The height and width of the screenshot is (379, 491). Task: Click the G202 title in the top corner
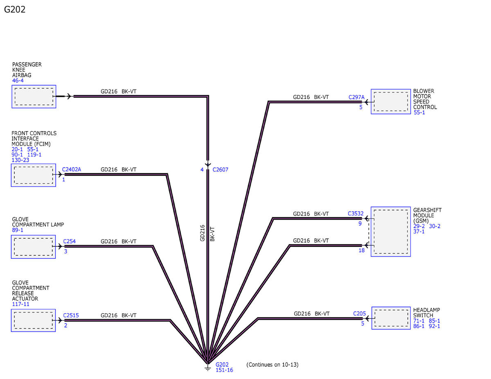pyautogui.click(x=15, y=9)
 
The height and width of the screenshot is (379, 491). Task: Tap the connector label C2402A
pyautogui.click(x=72, y=169)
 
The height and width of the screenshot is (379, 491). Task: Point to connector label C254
pyautogui.click(x=70, y=241)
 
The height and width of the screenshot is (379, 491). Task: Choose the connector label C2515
pyautogui.click(x=71, y=315)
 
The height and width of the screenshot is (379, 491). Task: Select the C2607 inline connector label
pyautogui.click(x=220, y=170)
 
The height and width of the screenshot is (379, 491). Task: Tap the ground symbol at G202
pyautogui.click(x=208, y=368)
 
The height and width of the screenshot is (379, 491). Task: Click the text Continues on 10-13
pyautogui.click(x=272, y=365)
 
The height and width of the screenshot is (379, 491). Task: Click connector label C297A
pyautogui.click(x=356, y=97)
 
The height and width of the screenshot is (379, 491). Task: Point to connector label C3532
pyautogui.click(x=356, y=213)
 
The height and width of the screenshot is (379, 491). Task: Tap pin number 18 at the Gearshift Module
pyautogui.click(x=362, y=250)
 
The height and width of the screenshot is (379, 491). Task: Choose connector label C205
pyautogui.click(x=359, y=314)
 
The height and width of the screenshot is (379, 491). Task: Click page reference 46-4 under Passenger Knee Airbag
pyautogui.click(x=18, y=81)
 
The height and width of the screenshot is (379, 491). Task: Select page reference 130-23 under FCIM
pyautogui.click(x=20, y=160)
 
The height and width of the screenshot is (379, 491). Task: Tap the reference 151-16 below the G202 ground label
pyautogui.click(x=224, y=370)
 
